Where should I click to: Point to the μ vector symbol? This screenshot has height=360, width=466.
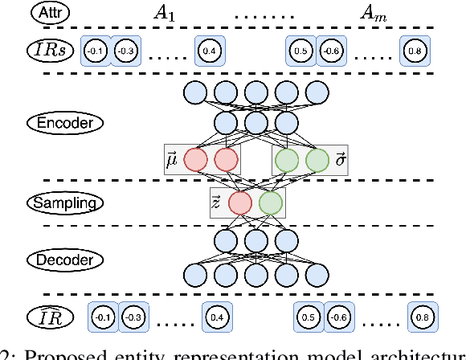point(170,160)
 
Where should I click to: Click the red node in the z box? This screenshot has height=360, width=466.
point(239,203)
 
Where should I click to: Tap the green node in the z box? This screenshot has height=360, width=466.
point(270,203)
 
